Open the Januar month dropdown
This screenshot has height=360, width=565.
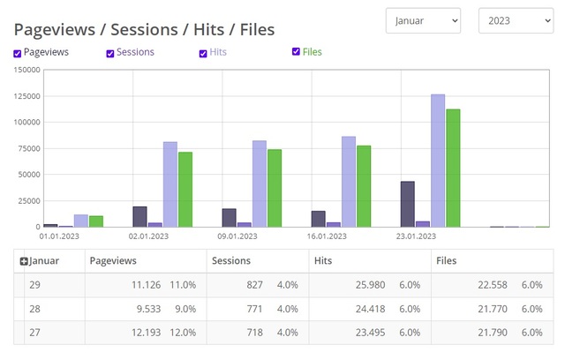coord(423,20)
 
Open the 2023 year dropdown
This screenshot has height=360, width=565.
coord(516,20)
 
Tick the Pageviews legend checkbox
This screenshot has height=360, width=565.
coord(18,54)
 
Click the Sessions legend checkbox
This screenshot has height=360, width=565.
coord(110,54)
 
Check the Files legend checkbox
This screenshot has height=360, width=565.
coord(297,52)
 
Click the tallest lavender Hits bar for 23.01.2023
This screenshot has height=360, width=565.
coord(438,161)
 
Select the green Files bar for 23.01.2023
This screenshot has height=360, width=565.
coord(453,168)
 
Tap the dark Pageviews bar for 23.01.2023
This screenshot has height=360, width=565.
coord(408,204)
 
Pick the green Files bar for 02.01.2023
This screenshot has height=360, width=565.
coord(185,189)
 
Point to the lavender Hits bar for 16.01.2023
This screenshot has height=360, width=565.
coord(349,182)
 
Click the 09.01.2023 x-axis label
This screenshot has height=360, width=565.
coord(237,236)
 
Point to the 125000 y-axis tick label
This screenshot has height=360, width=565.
coord(23,96)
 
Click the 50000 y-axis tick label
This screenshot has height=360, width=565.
coord(26,175)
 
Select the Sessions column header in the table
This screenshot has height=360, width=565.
coord(231,261)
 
